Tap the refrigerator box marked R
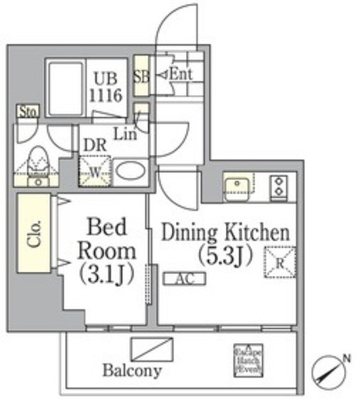(x=279, y=262)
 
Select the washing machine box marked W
(x=95, y=170)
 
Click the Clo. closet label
(x=36, y=232)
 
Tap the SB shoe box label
(x=141, y=77)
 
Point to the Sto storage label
(x=27, y=112)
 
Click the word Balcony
(x=132, y=372)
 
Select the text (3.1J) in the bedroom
(x=107, y=274)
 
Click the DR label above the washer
(x=95, y=144)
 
